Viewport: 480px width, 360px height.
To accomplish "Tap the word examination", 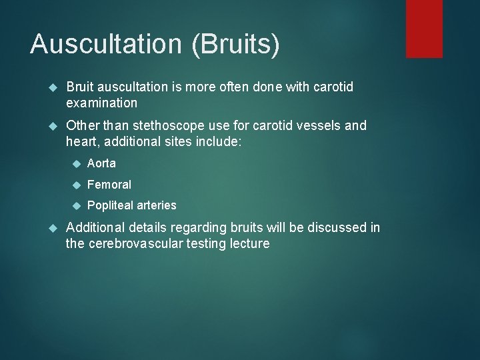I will (101, 103).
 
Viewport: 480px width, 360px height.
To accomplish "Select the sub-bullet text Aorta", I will (101, 163).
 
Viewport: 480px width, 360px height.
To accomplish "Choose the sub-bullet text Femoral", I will (109, 184).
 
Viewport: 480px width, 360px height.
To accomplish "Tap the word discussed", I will (331, 227).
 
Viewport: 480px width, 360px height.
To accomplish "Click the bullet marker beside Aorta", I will (76, 163).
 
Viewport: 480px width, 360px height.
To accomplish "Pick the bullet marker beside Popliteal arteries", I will (76, 205).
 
